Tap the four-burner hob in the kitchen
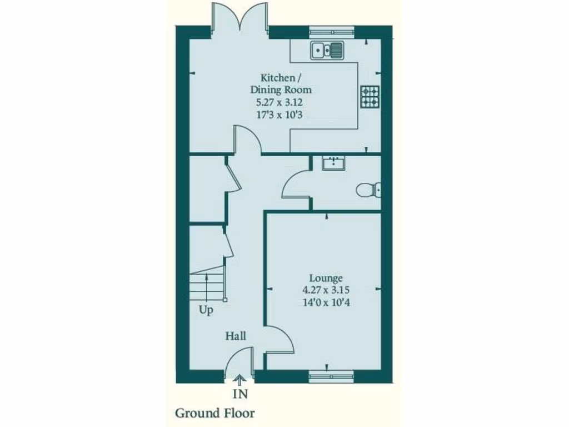coord(370,97)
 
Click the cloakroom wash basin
coord(334,163)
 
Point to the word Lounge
coord(326,278)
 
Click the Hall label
coord(236,336)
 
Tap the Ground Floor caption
coord(215,413)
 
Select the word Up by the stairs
coord(206,310)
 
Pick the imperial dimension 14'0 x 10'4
coord(326,302)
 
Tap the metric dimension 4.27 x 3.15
coord(326,290)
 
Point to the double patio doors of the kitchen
coord(239,20)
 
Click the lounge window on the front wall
coord(331,377)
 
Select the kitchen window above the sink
coord(332,31)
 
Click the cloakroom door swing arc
coord(295,184)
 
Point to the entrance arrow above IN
coord(240,381)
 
